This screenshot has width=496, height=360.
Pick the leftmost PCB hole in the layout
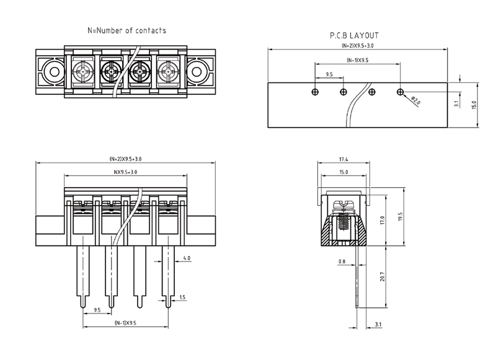[x=315, y=92]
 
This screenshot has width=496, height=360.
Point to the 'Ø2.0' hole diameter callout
[x=415, y=99]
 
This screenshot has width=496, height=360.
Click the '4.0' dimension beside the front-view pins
[x=187, y=257]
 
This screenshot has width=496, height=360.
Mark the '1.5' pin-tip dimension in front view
[x=182, y=298]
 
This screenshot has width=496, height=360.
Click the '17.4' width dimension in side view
[x=343, y=160]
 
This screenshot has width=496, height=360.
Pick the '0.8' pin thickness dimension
[x=342, y=261]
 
